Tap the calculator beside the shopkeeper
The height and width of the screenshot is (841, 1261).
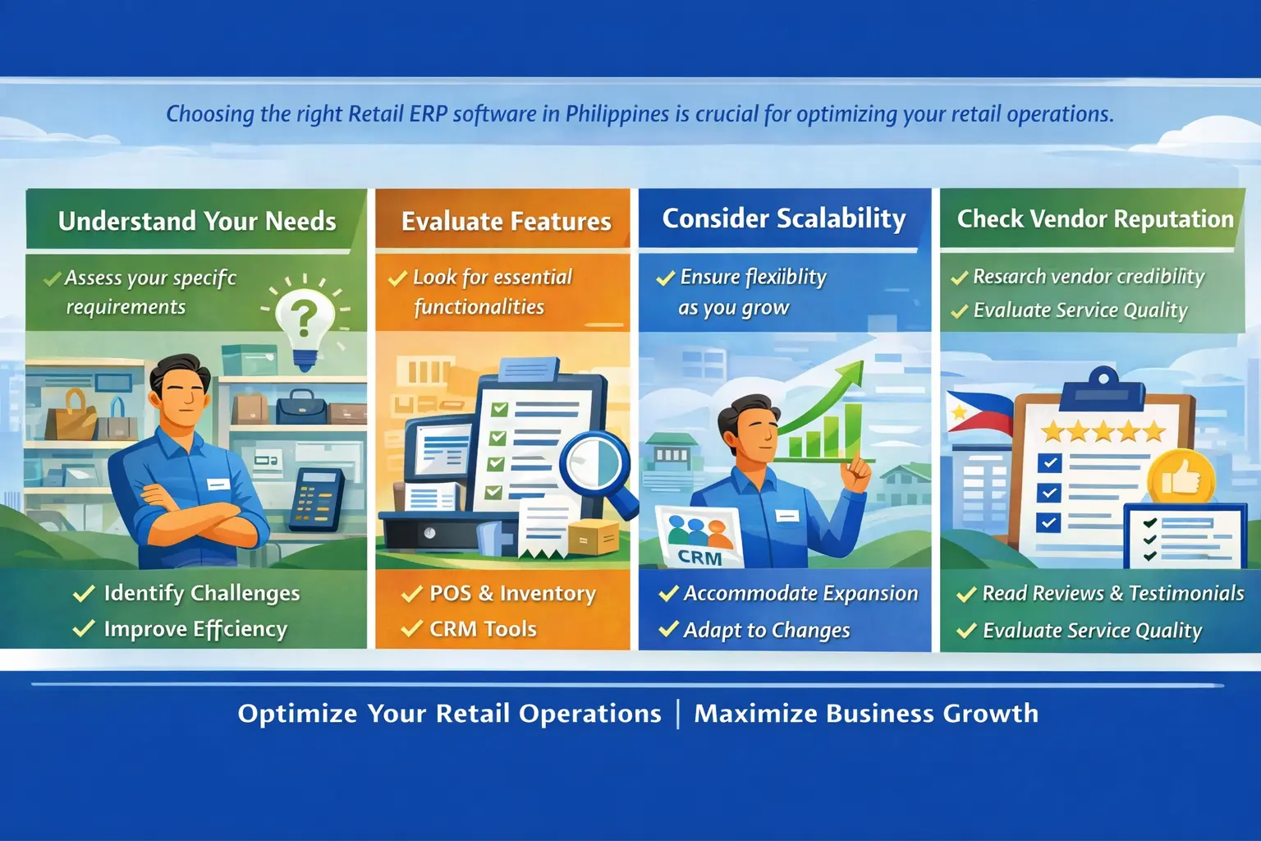click(x=316, y=499)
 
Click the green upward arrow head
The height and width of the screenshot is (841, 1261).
click(x=849, y=375)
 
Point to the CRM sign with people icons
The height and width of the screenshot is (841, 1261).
click(x=700, y=537)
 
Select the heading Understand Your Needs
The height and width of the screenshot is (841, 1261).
click(x=197, y=221)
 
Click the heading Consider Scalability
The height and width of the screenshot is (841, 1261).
click(x=784, y=219)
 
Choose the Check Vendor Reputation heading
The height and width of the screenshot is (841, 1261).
click(x=1095, y=218)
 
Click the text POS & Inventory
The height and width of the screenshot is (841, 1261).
click(x=513, y=594)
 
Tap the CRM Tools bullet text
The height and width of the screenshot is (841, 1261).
click(x=483, y=628)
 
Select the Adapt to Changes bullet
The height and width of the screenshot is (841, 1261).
click(x=767, y=630)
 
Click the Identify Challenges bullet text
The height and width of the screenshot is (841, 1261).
click(x=202, y=593)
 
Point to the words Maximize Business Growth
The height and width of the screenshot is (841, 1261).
click(x=866, y=713)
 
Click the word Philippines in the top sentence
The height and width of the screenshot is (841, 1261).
click(x=617, y=114)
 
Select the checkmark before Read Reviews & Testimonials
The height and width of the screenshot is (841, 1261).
click(x=966, y=594)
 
